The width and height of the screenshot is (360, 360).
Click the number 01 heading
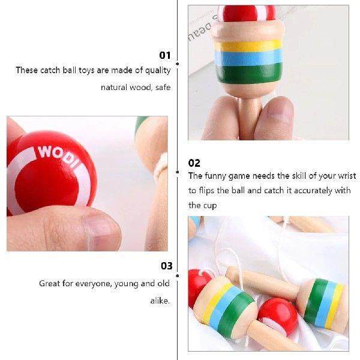pyautogui.click(x=165, y=55)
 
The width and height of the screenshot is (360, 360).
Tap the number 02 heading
pyautogui.click(x=194, y=163)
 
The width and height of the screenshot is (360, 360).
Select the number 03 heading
pyautogui.click(x=166, y=266)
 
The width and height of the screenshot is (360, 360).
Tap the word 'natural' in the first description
pyautogui.click(x=115, y=88)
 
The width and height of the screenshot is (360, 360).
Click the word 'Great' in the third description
pyautogui.click(x=50, y=283)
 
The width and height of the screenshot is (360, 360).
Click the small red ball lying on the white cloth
pyautogui.click(x=277, y=315)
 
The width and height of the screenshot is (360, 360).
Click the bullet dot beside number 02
pyautogui.click(x=177, y=172)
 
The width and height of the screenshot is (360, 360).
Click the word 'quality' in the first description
pyautogui.click(x=158, y=70)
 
